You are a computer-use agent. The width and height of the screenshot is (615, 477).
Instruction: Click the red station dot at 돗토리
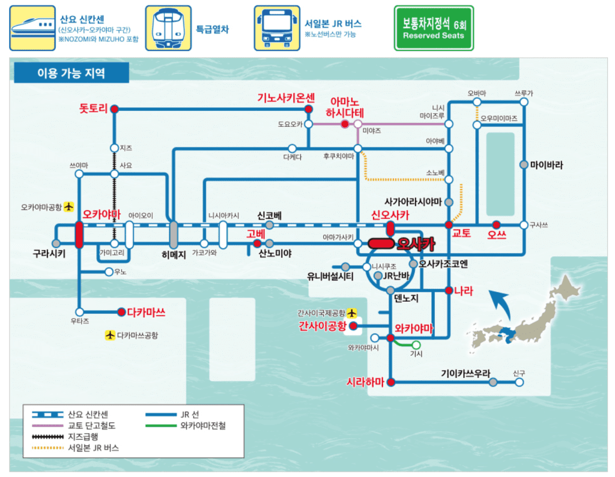[114, 109]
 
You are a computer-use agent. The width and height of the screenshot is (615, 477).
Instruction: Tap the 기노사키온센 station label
[286, 97]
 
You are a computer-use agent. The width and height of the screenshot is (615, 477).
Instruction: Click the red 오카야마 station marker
[79, 235]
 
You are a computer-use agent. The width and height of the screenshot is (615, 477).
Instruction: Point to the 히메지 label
[174, 253]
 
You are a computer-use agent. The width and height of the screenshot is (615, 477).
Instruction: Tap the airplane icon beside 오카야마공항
[68, 207]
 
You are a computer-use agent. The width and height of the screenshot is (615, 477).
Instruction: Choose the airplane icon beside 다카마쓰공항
[110, 335]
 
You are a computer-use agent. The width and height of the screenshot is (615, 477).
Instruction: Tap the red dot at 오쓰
[496, 224]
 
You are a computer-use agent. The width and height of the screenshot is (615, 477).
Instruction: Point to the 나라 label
[464, 291]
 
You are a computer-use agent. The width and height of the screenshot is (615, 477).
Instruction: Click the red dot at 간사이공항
[353, 326]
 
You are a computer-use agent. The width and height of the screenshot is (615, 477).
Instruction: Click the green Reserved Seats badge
[434, 28]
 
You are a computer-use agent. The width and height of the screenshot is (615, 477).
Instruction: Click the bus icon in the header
[277, 28]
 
